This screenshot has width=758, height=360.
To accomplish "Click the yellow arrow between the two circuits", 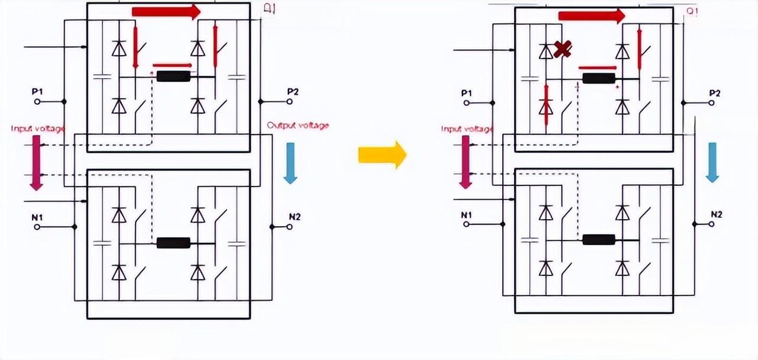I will coord(383,155).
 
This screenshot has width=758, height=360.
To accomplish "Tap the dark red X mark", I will coord(563,49).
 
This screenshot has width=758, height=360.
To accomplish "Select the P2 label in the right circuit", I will coord(715,93).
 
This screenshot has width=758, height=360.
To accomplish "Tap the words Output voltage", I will coord(298,126).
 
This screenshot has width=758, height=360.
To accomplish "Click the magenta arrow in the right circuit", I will coord(465,162).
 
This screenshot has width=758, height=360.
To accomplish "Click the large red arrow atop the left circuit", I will coord(166,11).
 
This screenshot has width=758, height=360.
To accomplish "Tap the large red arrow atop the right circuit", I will coord(592,16).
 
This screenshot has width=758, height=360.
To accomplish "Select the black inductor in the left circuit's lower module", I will coord(174,243).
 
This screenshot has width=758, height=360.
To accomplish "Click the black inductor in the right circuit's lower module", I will coord(599,240).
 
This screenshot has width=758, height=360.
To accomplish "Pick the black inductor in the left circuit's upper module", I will coord(174,76).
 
